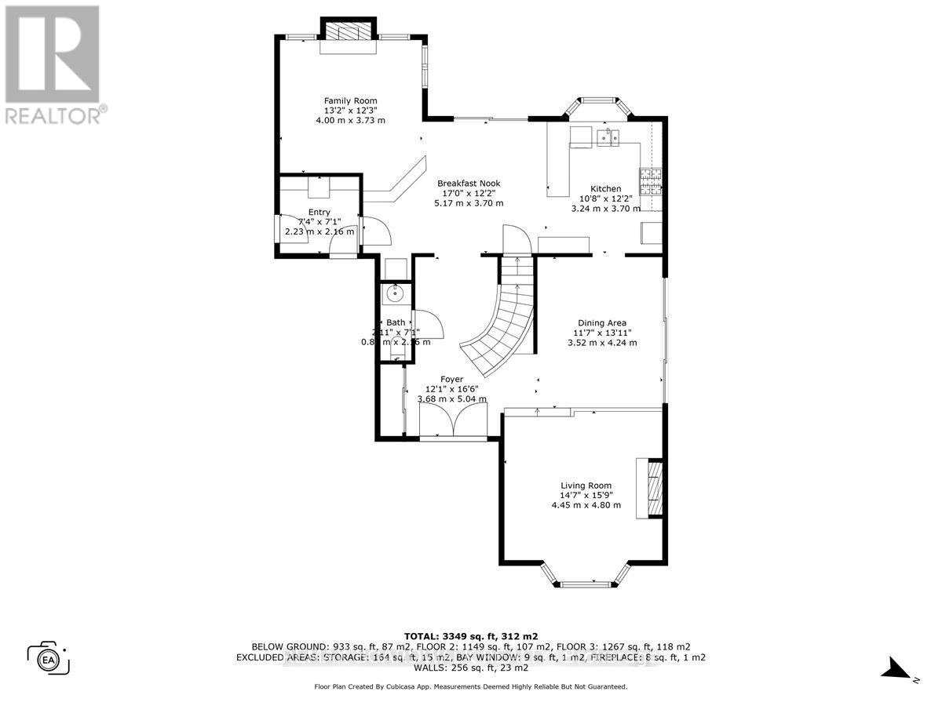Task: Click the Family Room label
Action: pos(350,100)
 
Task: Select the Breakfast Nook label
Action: pos(468,184)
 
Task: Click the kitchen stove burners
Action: pos(652,182)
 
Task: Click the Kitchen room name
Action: pos(605,189)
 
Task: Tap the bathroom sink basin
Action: pos(393,294)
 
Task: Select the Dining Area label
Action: pos(601,322)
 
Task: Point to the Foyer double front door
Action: pos(453,424)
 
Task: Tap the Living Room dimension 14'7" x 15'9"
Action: pos(586,495)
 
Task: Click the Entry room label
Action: pos(319,212)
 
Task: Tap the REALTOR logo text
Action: pos(53,115)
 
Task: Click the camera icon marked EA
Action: pos(49,657)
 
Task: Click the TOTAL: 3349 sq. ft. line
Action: pos(470,635)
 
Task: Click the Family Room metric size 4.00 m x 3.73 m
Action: pos(350,120)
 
